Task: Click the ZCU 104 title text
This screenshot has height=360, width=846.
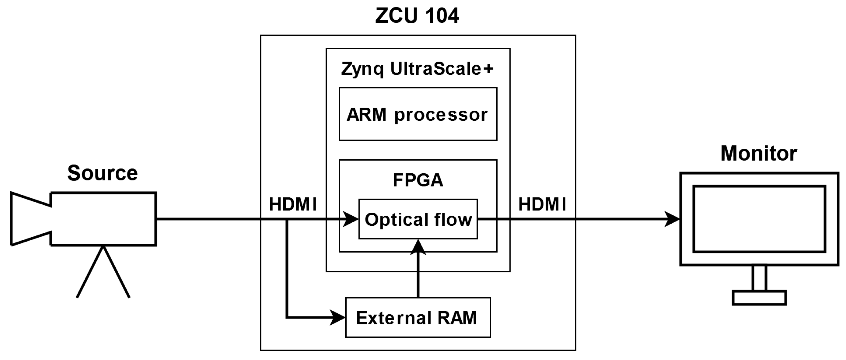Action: point(417,16)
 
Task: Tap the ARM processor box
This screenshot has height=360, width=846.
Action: point(418,114)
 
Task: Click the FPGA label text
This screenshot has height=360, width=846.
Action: point(418,180)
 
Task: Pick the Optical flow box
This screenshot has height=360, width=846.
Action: point(418,219)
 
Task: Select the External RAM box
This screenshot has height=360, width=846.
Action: point(418,318)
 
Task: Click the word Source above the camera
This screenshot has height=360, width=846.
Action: point(103,173)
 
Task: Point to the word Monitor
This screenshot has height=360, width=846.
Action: point(759,153)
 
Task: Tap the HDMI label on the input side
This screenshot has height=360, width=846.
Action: point(293,204)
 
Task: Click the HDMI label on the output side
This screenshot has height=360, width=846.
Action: point(542,204)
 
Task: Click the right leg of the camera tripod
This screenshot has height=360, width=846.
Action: point(116,272)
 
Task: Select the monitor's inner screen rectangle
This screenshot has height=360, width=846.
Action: point(759,219)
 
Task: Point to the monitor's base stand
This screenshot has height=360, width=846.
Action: point(759,298)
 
